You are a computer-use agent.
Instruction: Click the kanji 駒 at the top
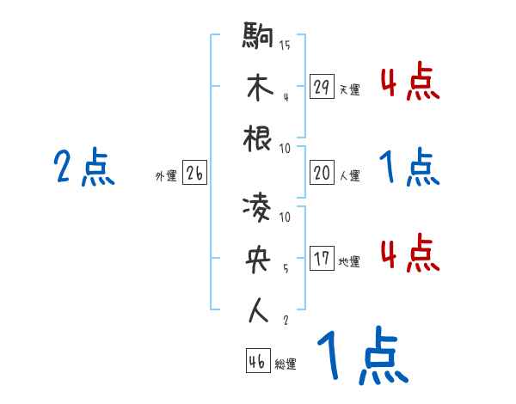259,37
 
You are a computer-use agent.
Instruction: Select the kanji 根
259,138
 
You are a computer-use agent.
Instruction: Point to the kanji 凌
259,208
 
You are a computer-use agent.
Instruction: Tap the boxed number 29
322,87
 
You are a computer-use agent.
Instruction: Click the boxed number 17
322,260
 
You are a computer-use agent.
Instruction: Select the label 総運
286,364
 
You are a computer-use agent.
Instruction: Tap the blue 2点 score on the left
83,167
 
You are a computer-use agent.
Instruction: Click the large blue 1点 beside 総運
360,358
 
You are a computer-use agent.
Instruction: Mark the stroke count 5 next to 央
286,267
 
